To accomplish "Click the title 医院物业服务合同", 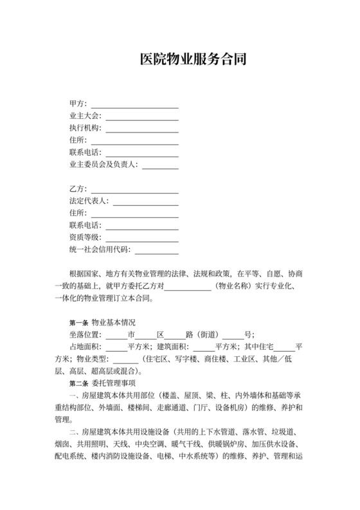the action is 193,60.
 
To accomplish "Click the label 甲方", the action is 77,104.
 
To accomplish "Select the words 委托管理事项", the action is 113,383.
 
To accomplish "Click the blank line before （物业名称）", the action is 188,287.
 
